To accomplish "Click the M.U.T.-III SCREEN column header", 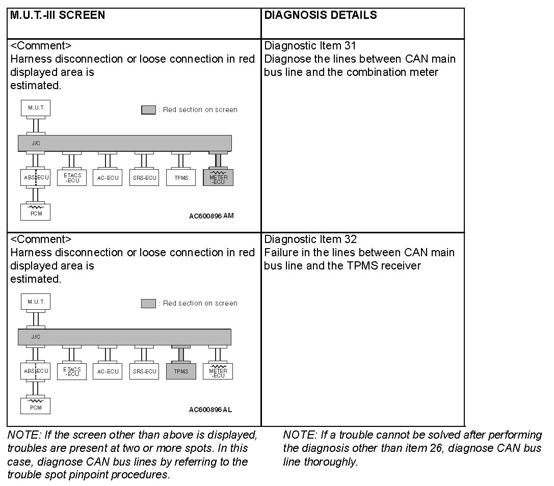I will pyautogui.click(x=58, y=15).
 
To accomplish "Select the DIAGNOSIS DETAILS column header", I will pyautogui.click(x=321, y=15).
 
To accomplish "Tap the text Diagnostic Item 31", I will pyautogui.click(x=310, y=46).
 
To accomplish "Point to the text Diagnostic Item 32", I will pyautogui.click(x=310, y=239).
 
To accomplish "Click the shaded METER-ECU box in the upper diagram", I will pyautogui.click(x=218, y=177).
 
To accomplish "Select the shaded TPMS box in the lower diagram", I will pyautogui.click(x=181, y=371).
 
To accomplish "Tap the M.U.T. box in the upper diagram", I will pyautogui.click(x=36, y=108).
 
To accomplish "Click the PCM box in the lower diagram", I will pyautogui.click(x=36, y=406).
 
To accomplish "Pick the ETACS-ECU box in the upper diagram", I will pyautogui.click(x=72, y=177).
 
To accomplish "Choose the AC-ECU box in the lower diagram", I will pyautogui.click(x=108, y=371).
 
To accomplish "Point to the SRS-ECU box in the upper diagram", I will pyautogui.click(x=144, y=177).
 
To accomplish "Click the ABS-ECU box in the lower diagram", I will pyautogui.click(x=36, y=371).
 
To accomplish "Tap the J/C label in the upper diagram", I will pyautogui.click(x=36, y=143).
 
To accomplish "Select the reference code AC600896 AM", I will pyautogui.click(x=211, y=216).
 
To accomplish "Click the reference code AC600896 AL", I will pyautogui.click(x=210, y=410).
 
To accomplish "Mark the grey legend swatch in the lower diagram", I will pyautogui.click(x=148, y=303).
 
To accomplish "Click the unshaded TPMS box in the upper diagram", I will pyautogui.click(x=181, y=177).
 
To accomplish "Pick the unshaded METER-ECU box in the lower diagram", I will pyautogui.click(x=218, y=371).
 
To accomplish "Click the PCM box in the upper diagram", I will pyautogui.click(x=36, y=212).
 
